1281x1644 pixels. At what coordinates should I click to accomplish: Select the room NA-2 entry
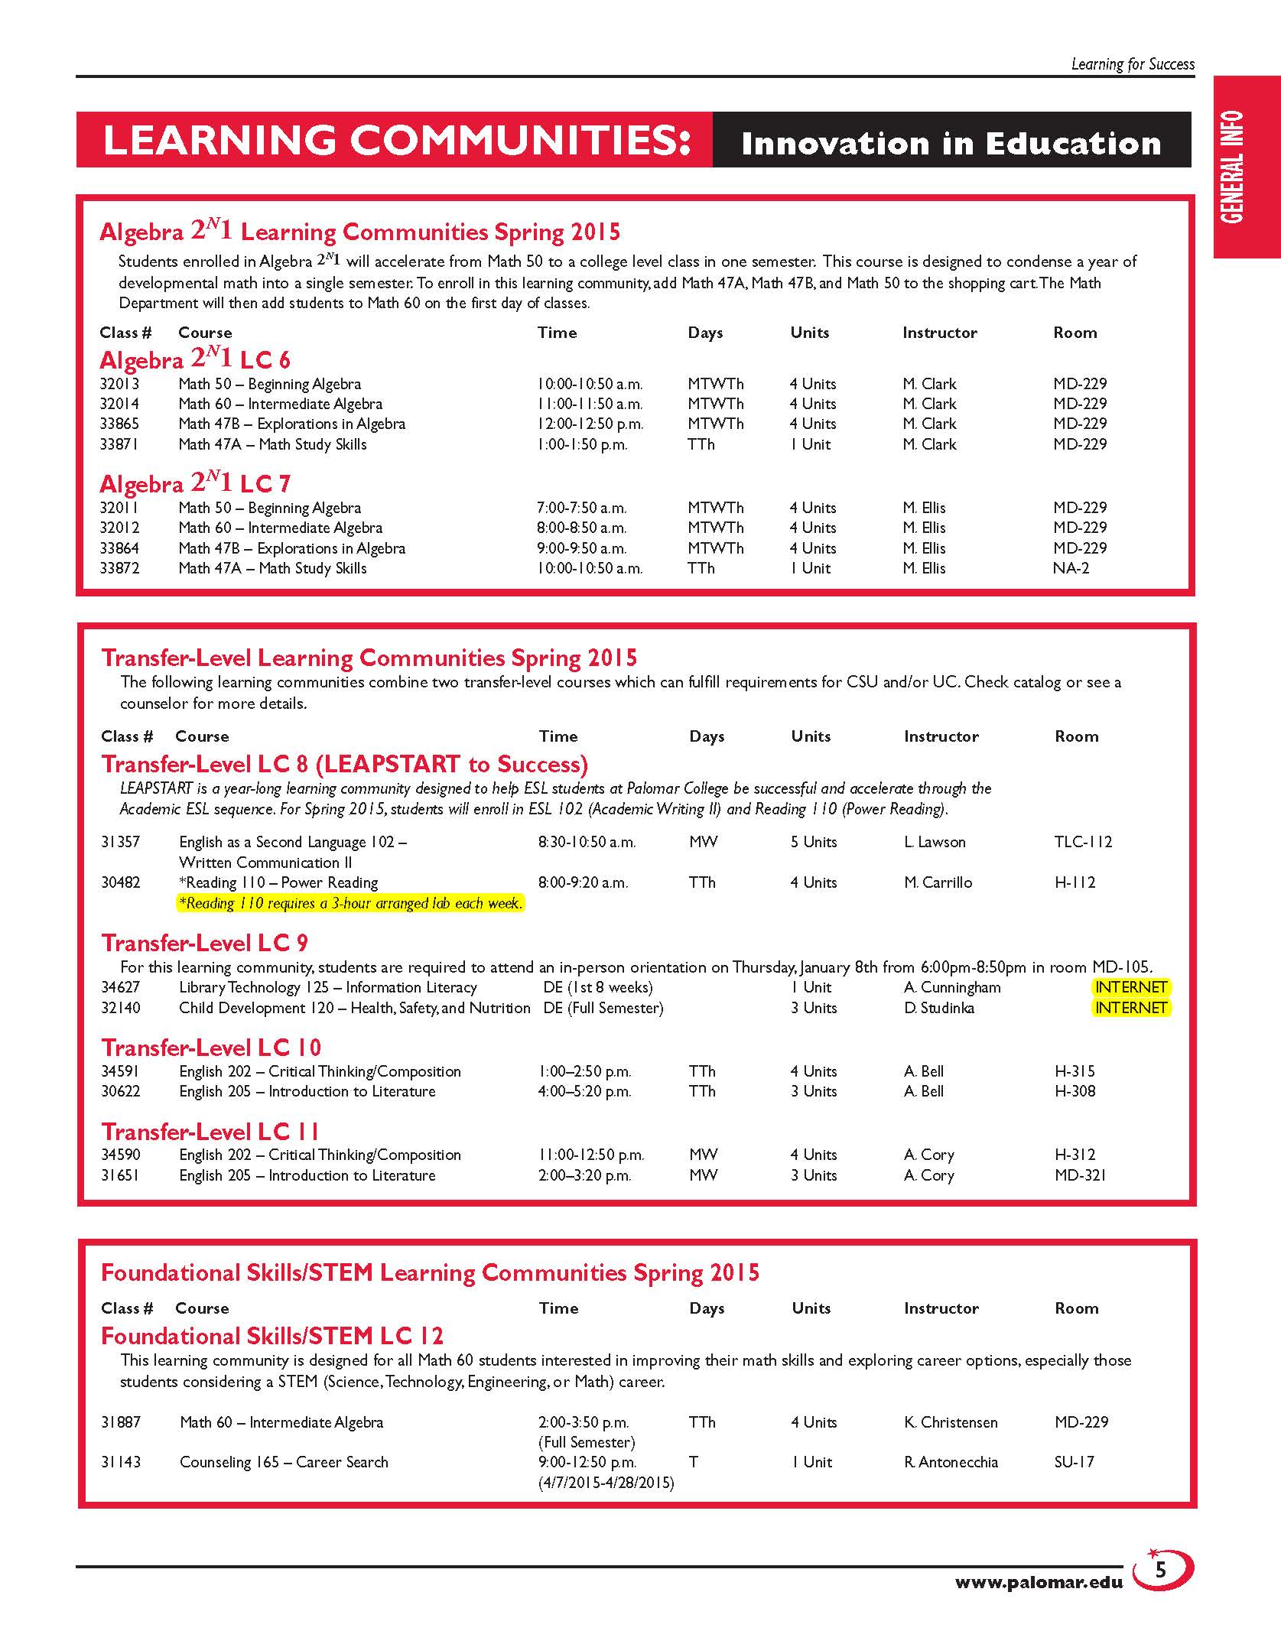click(x=1071, y=568)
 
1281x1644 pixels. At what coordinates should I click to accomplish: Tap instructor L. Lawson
click(x=935, y=842)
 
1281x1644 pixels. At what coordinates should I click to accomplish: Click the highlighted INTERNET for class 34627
click(x=1130, y=987)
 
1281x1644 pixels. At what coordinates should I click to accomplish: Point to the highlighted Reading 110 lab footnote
click(x=350, y=903)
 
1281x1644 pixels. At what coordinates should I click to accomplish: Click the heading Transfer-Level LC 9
click(x=205, y=943)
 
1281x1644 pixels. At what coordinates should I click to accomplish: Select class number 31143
click(x=121, y=1462)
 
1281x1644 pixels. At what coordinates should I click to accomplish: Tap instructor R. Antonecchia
click(x=951, y=1462)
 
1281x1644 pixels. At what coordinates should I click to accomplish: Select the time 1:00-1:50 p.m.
click(x=582, y=444)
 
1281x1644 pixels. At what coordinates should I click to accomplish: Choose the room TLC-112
click(x=1083, y=842)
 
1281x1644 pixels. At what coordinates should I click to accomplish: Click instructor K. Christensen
click(x=951, y=1422)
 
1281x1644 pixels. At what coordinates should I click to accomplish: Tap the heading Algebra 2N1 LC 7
click(x=195, y=483)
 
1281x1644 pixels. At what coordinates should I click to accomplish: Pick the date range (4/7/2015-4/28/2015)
click(x=606, y=1483)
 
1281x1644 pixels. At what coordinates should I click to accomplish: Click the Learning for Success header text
click(x=1133, y=64)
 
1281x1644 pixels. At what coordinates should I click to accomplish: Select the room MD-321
click(x=1080, y=1175)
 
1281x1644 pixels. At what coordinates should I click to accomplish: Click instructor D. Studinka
click(x=939, y=1008)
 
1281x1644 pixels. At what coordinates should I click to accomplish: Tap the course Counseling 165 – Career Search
click(x=284, y=1462)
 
